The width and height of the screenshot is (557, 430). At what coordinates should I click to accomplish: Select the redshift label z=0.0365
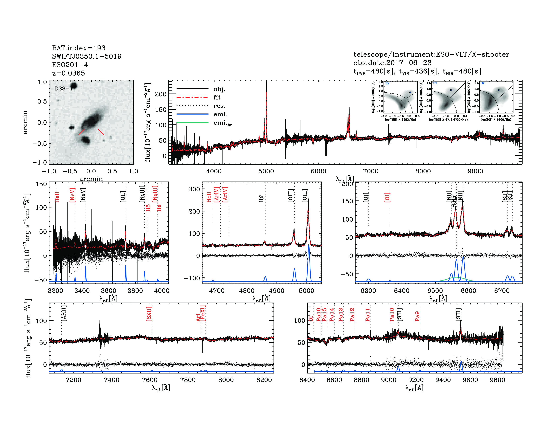point(68,73)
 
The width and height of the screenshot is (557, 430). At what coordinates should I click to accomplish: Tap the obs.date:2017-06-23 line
point(392,63)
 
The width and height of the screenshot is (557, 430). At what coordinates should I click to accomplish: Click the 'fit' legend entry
point(217,97)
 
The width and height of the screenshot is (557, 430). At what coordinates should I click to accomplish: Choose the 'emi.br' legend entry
point(222,123)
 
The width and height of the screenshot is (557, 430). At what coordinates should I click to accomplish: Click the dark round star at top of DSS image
point(74,86)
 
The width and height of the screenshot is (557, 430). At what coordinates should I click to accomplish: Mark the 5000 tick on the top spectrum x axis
point(266,171)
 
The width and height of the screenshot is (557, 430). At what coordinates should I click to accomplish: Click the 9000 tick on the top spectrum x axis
point(475,171)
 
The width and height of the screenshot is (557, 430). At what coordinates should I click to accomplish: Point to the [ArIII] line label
point(64,313)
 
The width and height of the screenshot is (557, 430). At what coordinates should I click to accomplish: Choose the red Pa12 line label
point(352,314)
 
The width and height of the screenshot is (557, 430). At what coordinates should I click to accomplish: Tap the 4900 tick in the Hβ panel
point(276,291)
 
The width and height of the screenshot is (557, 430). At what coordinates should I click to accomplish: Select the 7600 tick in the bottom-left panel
point(150,380)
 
